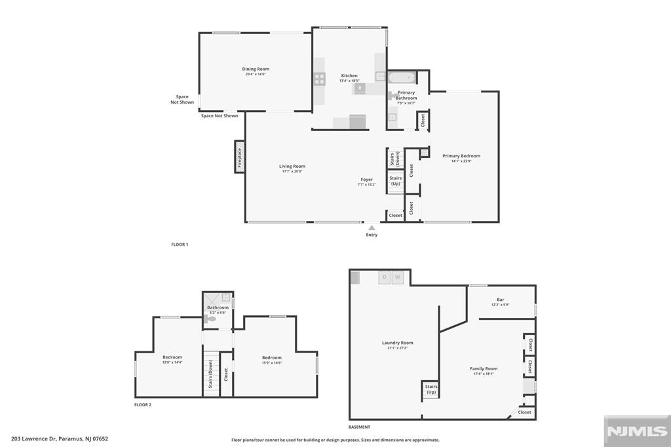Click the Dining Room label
256,69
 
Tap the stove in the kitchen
319,79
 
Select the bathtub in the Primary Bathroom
402,79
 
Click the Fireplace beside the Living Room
240,157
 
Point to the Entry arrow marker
372,227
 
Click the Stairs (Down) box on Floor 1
395,159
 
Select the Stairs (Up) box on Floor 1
395,181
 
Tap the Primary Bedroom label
461,156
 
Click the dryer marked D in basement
385,278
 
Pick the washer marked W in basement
397,278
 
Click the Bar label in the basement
501,300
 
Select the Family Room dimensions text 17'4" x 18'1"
484,374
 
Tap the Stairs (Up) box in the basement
431,390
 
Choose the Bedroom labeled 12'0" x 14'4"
172,357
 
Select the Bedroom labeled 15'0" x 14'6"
272,358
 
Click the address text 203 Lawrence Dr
36,439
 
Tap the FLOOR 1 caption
180,244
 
